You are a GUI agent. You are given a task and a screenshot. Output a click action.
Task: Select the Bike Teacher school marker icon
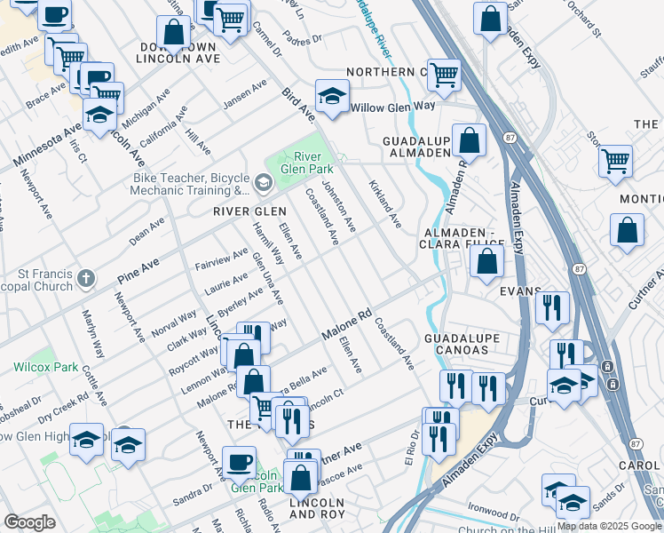pos(263,183)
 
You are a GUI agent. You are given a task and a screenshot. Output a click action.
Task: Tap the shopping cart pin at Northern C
pos(443,75)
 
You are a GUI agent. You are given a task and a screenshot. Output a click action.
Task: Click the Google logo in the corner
pos(29,521)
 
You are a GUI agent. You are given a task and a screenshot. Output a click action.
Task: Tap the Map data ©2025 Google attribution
pos(608,526)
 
